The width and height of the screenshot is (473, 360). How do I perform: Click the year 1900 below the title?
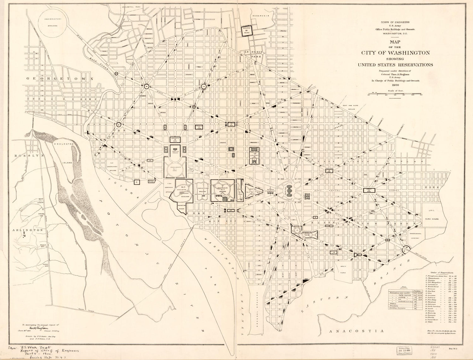395,85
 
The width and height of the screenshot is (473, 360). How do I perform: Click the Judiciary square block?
254,155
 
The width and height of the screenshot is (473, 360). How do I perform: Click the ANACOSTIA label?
356,331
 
